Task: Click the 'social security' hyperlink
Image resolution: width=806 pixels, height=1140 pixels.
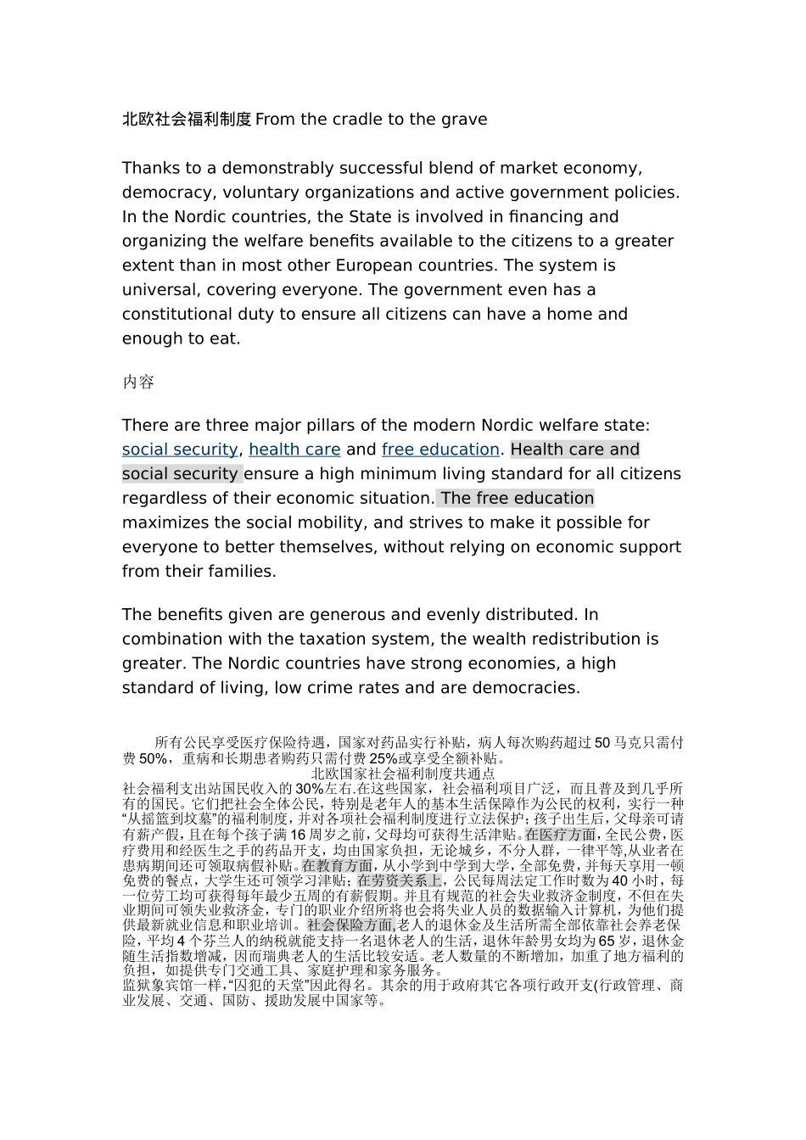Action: click(180, 450)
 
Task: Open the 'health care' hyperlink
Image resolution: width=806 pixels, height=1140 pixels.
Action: click(294, 450)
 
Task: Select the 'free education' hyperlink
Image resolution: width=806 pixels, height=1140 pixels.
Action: click(440, 450)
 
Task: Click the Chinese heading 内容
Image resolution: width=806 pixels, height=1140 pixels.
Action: click(138, 382)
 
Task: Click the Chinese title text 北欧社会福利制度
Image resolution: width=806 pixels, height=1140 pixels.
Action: click(187, 120)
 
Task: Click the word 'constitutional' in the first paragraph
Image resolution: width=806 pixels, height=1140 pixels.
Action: click(181, 314)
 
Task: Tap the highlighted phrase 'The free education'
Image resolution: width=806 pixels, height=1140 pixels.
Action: click(517, 498)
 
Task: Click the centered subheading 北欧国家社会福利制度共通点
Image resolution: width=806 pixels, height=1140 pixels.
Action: click(403, 774)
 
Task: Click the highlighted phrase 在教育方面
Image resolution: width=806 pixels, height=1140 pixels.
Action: click(337, 866)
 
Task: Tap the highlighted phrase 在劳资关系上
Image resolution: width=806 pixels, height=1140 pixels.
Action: click(399, 880)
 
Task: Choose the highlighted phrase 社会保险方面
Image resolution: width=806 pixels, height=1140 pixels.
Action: click(351, 925)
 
